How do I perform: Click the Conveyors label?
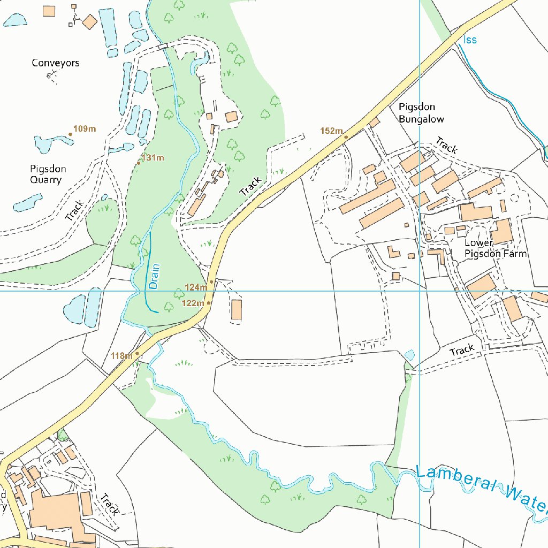[x=55, y=63]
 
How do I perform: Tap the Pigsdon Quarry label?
[x=48, y=174]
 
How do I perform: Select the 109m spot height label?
[x=85, y=129]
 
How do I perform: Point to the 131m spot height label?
[x=153, y=158]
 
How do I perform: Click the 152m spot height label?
[x=331, y=131]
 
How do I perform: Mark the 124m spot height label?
[x=195, y=287]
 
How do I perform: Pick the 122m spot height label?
[x=193, y=303]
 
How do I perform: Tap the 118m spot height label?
[x=121, y=356]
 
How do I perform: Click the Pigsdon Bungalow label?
[x=421, y=113]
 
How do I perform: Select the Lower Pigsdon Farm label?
[x=495, y=248]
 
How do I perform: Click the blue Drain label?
[x=155, y=276]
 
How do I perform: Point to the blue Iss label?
[x=470, y=40]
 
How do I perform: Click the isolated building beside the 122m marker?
[x=237, y=310]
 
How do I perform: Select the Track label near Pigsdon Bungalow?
[x=446, y=145]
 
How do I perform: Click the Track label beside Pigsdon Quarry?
[x=75, y=210]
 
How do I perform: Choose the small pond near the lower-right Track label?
[x=410, y=355]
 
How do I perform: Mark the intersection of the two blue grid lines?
[x=420, y=291]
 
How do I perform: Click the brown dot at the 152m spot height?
[x=346, y=137]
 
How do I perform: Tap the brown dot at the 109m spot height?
[x=70, y=134]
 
